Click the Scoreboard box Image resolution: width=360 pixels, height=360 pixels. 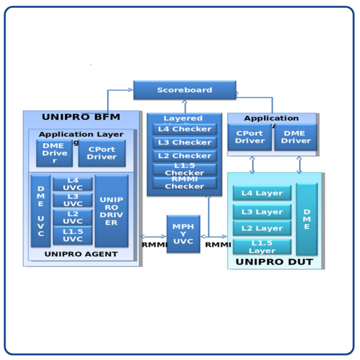point(184,90)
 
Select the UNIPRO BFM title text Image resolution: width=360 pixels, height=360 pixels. point(81,117)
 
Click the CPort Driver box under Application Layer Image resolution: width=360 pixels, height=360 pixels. point(102,153)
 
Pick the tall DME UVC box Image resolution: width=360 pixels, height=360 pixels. point(41,211)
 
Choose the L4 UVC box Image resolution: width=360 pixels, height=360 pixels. point(73,184)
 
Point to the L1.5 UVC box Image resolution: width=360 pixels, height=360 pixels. point(73,235)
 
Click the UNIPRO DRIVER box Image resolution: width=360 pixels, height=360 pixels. point(112,211)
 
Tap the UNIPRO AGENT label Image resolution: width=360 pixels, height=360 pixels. point(81,254)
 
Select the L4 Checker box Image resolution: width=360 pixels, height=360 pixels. point(185,129)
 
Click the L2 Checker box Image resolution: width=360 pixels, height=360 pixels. point(185,156)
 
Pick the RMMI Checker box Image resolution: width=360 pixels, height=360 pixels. point(185,183)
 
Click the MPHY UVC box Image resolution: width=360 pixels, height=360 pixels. point(183,234)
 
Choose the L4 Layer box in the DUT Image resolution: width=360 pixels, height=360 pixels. point(262,193)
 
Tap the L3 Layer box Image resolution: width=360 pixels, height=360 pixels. point(262,212)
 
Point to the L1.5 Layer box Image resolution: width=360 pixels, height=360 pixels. point(262,247)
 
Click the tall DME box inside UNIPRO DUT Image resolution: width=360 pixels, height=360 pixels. point(307,219)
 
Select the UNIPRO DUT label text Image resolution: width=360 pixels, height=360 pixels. point(274,262)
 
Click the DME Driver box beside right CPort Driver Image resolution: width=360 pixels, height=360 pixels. point(296,137)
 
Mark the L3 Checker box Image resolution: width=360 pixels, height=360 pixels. point(185,142)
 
